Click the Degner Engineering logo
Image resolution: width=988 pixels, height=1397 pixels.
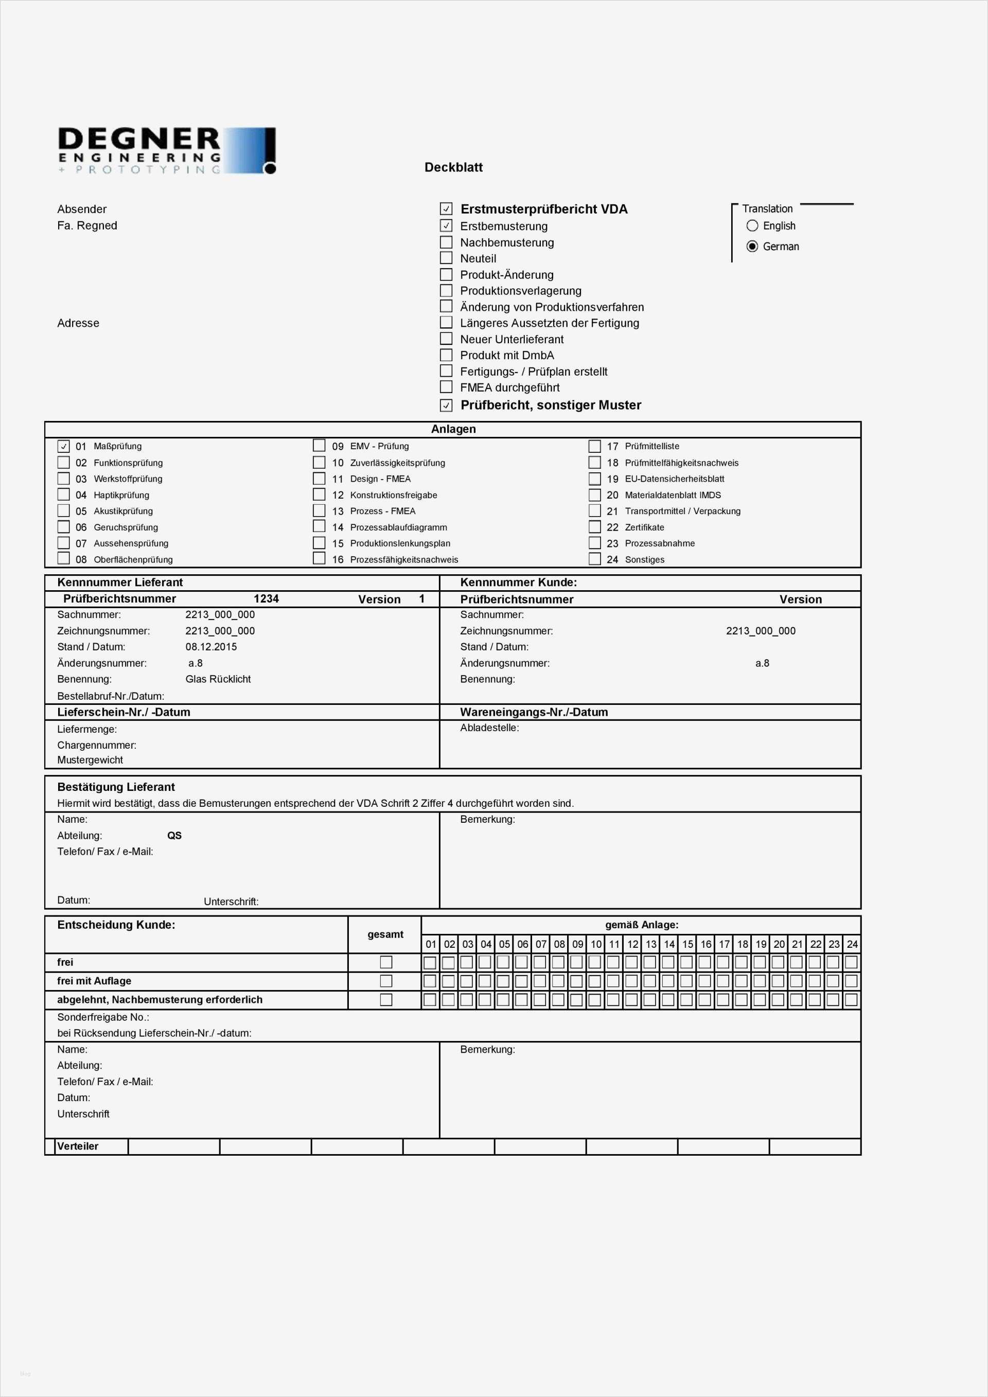coord(166,150)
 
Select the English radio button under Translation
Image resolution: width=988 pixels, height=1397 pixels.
coord(752,226)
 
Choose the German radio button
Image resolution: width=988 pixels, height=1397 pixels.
coord(752,246)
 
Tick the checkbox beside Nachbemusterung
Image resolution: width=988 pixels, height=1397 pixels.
coord(446,242)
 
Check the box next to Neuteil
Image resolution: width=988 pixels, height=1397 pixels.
coord(446,258)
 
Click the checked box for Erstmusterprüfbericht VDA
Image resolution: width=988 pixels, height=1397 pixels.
coord(446,209)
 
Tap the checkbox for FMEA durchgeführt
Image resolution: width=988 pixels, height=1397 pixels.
coord(446,387)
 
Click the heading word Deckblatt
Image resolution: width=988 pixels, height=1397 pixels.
coord(453,167)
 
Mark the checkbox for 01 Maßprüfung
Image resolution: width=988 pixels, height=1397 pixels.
coord(64,446)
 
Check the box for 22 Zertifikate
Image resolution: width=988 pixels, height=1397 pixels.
coord(594,527)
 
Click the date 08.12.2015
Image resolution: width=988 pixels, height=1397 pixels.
coord(211,647)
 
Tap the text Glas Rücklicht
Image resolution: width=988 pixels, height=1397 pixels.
coord(218,679)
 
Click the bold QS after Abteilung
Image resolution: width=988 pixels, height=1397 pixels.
coord(174,836)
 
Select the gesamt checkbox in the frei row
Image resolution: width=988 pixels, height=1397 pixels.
coord(386,962)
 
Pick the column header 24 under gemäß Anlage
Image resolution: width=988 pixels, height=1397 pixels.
coord(852,944)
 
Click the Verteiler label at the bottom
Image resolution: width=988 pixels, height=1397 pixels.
coord(78,1146)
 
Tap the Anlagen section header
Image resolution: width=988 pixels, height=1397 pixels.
coord(453,429)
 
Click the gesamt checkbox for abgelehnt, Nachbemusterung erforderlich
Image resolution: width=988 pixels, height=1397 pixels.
coord(386,1000)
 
